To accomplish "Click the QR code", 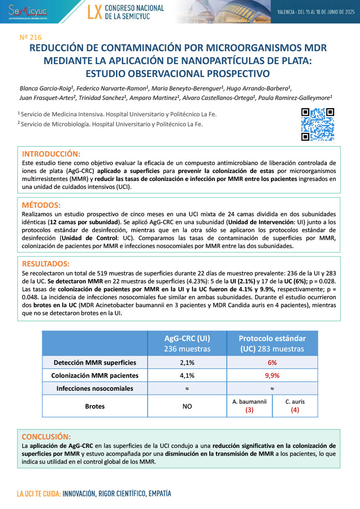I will pyautogui.click(x=318, y=124).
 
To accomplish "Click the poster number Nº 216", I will pyautogui.click(x=30, y=37).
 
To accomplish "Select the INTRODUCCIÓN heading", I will pyautogui.click(x=52, y=153).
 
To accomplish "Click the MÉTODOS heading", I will pyautogui.click(x=41, y=205).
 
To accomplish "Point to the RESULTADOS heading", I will pyautogui.click(x=46, y=263).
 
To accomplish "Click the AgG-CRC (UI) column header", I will pyautogui.click(x=187, y=343).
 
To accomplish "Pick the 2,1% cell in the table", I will pyautogui.click(x=187, y=362).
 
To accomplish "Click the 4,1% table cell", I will pyautogui.click(x=187, y=375).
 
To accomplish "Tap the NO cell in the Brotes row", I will pyautogui.click(x=187, y=406).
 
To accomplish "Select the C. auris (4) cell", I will pyautogui.click(x=295, y=406).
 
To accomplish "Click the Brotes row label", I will pyautogui.click(x=94, y=406).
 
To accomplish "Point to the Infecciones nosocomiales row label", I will pyautogui.click(x=94, y=388).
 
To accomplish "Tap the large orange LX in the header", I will pyautogui.click(x=94, y=12).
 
